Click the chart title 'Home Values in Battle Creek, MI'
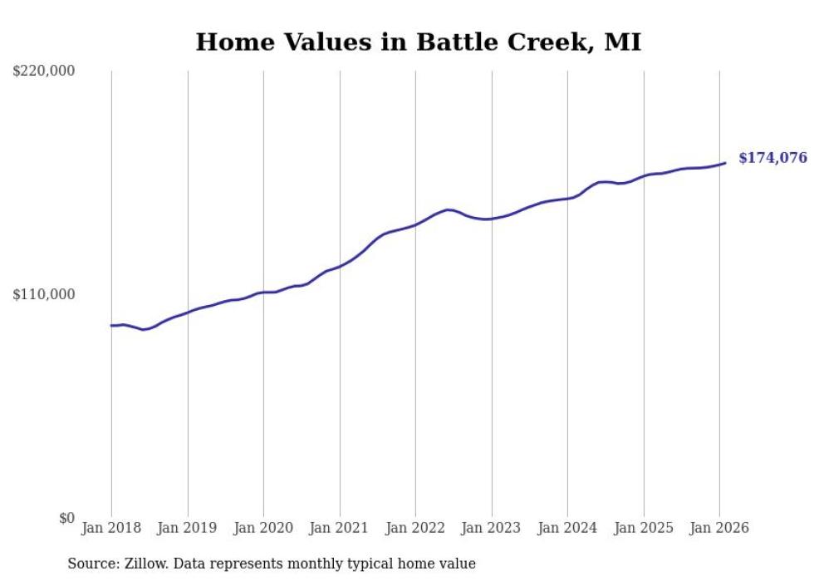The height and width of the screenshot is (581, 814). pos(418,42)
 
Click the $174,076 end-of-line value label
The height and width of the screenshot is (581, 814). pos(772,158)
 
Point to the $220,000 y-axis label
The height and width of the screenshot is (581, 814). pos(44,71)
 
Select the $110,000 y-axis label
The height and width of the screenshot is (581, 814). pos(44,294)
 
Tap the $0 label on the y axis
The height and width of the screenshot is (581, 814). pos(66,518)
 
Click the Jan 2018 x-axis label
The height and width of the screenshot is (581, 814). pos(111,528)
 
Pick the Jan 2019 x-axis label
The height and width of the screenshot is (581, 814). pos(188,528)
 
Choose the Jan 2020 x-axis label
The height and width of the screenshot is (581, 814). pos(263,528)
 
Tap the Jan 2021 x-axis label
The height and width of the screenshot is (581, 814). pos(340,528)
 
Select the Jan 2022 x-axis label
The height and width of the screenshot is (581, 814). pos(415,528)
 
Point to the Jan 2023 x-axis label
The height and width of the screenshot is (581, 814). pos(492,528)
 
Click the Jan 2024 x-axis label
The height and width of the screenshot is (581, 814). pos(567,528)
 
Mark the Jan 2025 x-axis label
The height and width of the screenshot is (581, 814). pos(644,528)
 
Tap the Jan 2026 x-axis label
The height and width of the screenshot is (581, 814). pos(719,528)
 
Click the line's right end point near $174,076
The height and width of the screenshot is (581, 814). pos(725,163)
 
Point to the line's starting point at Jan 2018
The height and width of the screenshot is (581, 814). pos(111,325)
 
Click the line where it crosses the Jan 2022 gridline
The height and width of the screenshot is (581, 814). pos(415,224)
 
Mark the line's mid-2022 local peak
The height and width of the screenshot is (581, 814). pos(449,209)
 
